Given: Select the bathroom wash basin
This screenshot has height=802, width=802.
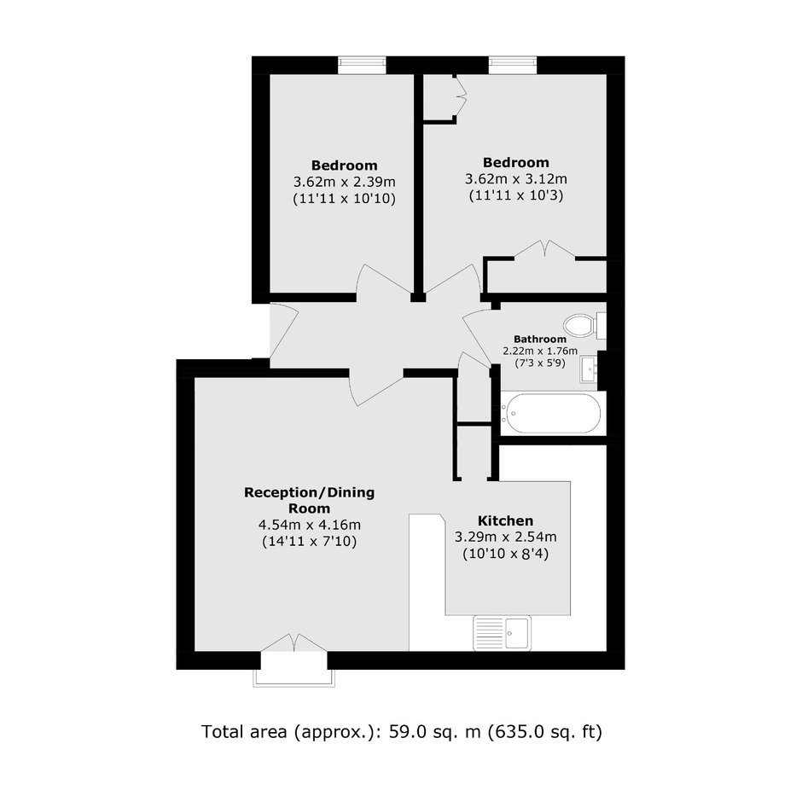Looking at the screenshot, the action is click(590, 369).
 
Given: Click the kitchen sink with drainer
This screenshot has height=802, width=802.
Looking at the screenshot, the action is click(503, 633).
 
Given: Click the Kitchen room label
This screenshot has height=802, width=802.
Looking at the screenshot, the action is click(505, 520).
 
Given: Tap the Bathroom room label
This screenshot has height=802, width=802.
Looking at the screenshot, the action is click(540, 339).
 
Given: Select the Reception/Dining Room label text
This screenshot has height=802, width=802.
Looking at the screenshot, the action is click(310, 500).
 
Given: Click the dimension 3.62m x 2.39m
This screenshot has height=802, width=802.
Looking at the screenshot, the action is click(344, 182).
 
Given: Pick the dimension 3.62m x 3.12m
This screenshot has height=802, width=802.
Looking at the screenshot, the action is click(515, 179).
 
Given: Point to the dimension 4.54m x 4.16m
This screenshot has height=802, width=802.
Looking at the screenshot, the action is click(310, 525).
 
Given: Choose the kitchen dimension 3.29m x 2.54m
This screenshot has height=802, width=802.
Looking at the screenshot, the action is click(505, 537).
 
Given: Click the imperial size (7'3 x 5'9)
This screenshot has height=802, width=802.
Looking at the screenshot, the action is click(540, 363).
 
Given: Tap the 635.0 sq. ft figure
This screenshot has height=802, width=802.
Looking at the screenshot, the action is click(544, 732).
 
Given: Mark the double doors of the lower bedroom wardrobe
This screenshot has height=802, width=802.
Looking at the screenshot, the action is click(544, 250).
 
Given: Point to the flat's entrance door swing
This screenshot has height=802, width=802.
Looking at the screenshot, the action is click(284, 331).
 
